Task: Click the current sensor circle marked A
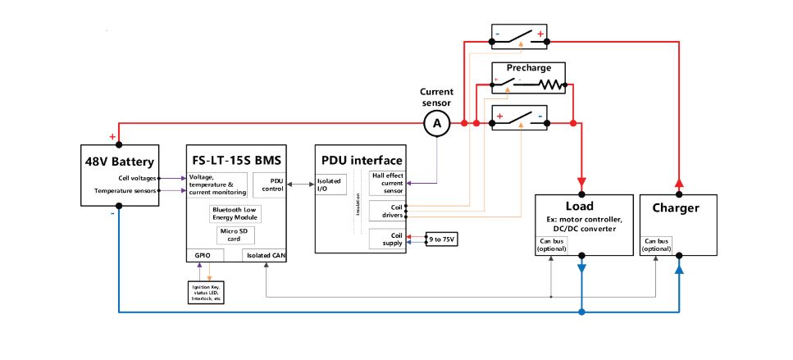(x=436, y=123)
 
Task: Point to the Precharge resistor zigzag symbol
(x=552, y=84)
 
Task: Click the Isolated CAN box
(x=265, y=255)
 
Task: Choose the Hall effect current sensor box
(x=387, y=182)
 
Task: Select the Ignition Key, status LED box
(x=206, y=292)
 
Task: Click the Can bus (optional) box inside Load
(x=552, y=244)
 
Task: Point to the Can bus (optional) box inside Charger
(x=658, y=244)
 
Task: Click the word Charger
(x=677, y=208)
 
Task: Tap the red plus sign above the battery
(x=112, y=136)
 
